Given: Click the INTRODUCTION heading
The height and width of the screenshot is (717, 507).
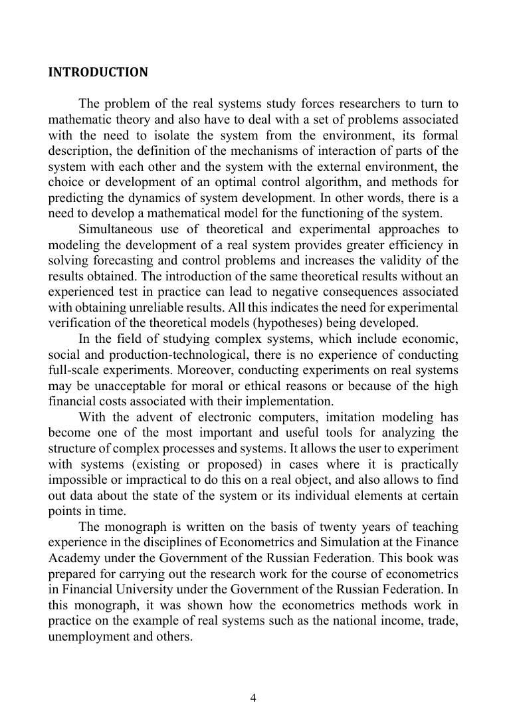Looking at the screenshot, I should pos(98,72).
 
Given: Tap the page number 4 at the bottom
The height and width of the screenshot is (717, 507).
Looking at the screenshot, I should pos(253,697).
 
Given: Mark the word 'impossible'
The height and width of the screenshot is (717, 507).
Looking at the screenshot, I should pos(76,480).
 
